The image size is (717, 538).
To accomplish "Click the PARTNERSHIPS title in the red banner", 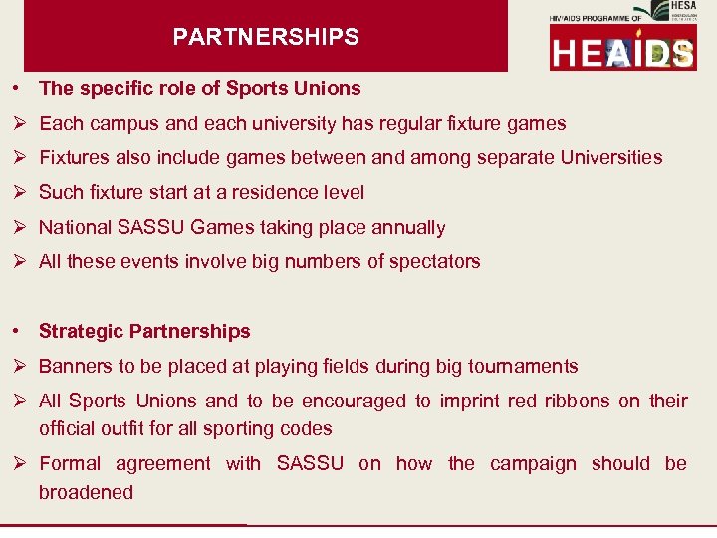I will [266, 38].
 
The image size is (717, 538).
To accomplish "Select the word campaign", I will [533, 463].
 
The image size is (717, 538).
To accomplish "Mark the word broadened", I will [86, 492].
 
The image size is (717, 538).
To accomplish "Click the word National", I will [76, 227].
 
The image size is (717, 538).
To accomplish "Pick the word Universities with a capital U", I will [611, 157].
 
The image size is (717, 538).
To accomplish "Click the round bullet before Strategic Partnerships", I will [19, 331].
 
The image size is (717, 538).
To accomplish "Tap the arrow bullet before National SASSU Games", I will [19, 227].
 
